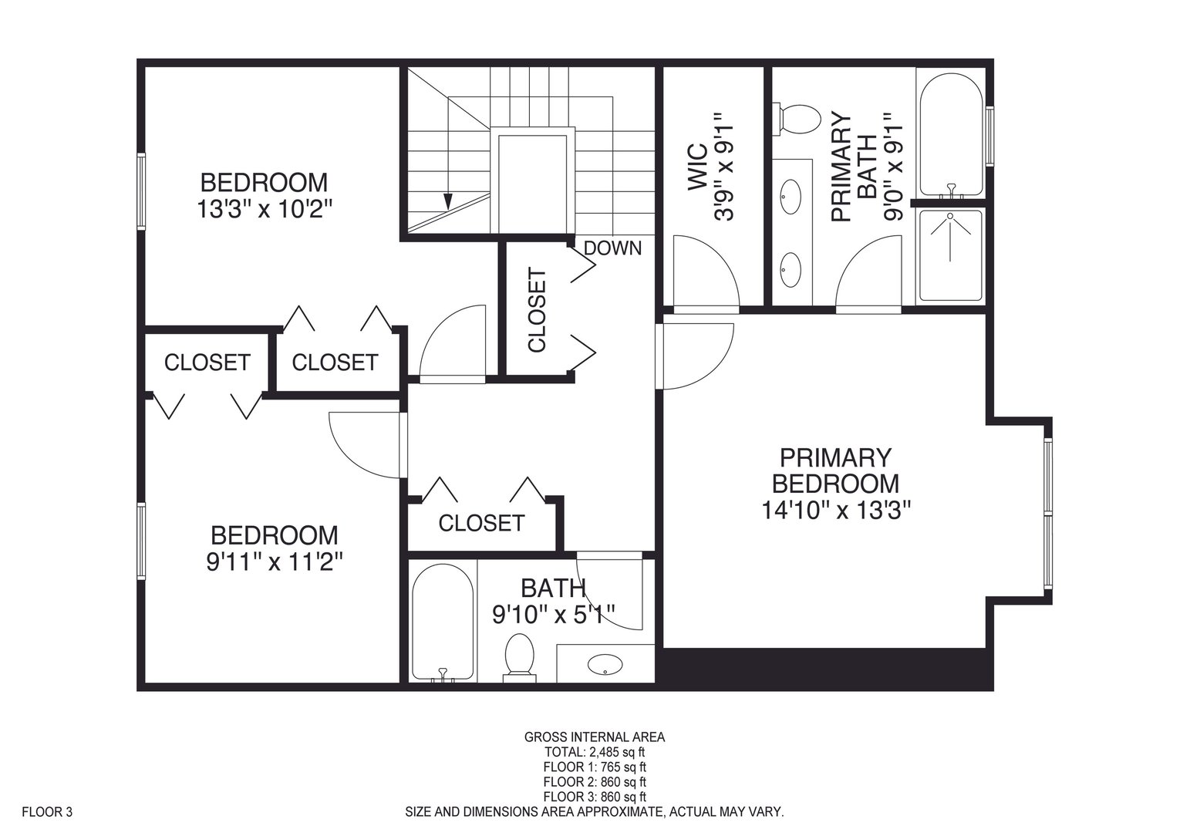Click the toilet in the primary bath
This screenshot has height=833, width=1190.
click(x=797, y=119)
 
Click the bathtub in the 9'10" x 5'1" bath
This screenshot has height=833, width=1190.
click(x=443, y=622)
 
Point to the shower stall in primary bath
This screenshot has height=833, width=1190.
click(x=951, y=256)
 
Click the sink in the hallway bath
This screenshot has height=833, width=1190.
click(x=605, y=663)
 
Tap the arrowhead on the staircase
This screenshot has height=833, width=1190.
click(x=448, y=201)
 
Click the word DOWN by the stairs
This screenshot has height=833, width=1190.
click(x=612, y=248)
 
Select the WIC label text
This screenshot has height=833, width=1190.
click(x=697, y=167)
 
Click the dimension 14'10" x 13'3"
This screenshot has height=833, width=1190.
click(x=836, y=510)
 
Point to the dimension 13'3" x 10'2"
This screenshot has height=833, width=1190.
click(x=264, y=209)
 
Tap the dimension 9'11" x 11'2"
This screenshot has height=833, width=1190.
click(x=274, y=562)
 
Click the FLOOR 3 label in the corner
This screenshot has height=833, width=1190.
click(x=47, y=812)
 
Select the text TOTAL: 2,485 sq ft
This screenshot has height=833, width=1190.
click(x=595, y=752)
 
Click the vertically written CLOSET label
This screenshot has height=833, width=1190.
click(x=537, y=310)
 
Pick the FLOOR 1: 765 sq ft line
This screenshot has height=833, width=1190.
click(x=595, y=767)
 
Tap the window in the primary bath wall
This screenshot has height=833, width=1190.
click(x=990, y=136)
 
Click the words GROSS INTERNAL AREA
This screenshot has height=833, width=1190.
click(x=595, y=737)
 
